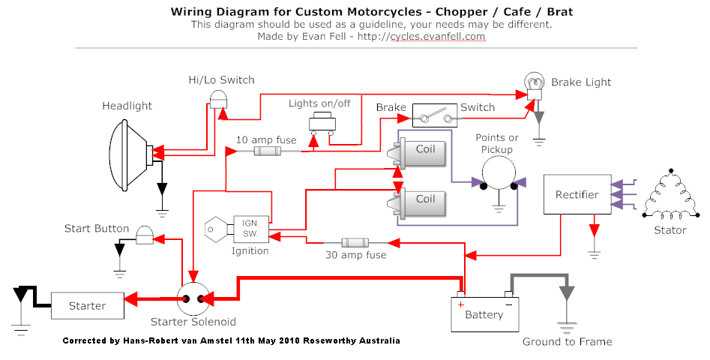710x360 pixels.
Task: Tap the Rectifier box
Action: [577, 195]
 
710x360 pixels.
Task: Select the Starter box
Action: [87, 306]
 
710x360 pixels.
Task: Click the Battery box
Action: [484, 313]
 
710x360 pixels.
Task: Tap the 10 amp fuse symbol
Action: [268, 151]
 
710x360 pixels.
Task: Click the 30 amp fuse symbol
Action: [355, 243]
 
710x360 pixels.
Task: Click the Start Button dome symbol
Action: [144, 235]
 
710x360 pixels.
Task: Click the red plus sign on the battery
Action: [461, 303]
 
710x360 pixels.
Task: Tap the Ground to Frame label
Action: [567, 342]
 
